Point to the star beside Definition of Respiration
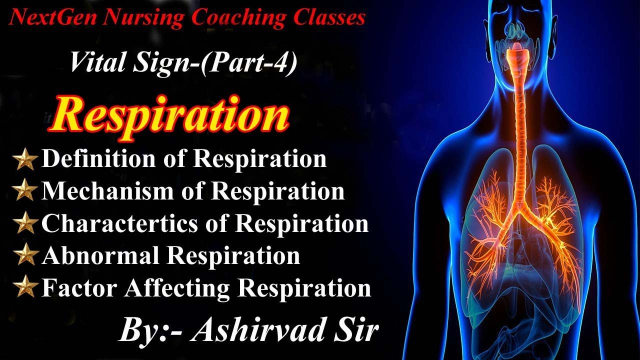coord(25,160)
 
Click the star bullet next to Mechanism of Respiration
coord(25,192)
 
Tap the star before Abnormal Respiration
coord(25,256)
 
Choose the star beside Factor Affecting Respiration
coord(25,288)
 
